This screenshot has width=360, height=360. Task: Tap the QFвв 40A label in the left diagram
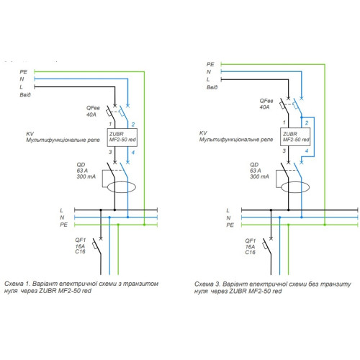(x=93, y=111)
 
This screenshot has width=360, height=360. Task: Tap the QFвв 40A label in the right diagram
(x=266, y=104)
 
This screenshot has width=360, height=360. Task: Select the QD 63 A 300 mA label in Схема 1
(x=86, y=171)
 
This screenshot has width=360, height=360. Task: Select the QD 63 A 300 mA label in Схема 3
(x=259, y=171)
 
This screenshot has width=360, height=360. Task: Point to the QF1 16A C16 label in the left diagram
(x=80, y=246)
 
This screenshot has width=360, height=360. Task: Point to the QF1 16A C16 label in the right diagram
(x=250, y=246)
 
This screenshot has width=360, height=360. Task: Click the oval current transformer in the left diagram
(x=122, y=182)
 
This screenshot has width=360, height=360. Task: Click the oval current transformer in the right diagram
(x=295, y=182)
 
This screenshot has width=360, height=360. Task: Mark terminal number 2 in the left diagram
(x=133, y=125)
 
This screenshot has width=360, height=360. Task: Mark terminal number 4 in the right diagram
(x=307, y=151)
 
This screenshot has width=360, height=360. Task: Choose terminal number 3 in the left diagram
(x=110, y=152)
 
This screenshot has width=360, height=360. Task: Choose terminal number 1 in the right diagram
(x=284, y=122)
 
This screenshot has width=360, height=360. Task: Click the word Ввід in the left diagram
(x=25, y=95)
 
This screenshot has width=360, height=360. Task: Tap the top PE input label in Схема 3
(x=210, y=64)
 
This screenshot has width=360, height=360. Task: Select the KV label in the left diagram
(x=30, y=134)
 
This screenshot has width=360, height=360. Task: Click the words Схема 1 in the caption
(x=17, y=284)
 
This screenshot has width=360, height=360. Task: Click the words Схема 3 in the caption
(x=207, y=284)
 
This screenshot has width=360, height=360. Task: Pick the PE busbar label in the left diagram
(x=63, y=225)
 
